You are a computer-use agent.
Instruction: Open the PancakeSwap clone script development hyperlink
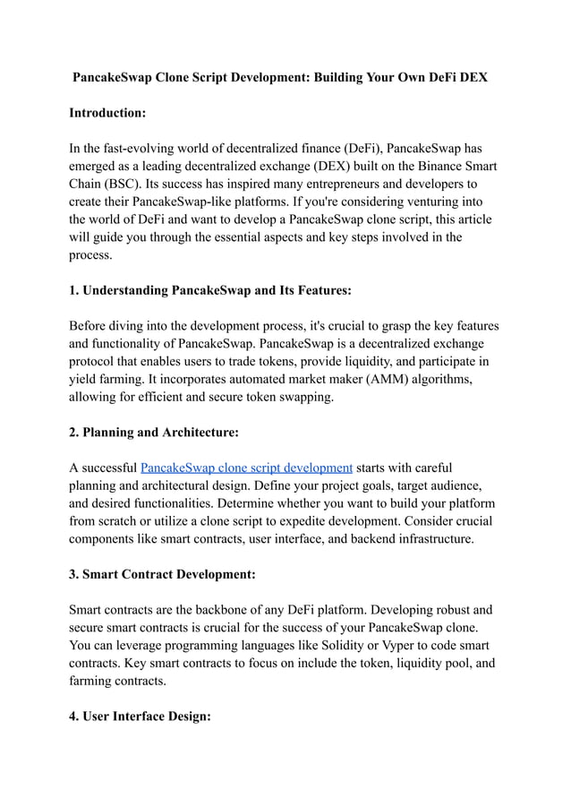coord(246,468)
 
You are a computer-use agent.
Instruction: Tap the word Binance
coord(418,167)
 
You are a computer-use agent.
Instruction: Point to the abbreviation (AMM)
coord(386,380)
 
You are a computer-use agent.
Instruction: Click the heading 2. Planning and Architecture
coord(154,433)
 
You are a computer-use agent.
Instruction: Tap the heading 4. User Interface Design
coord(141,717)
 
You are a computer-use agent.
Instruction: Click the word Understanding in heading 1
coord(124,290)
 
